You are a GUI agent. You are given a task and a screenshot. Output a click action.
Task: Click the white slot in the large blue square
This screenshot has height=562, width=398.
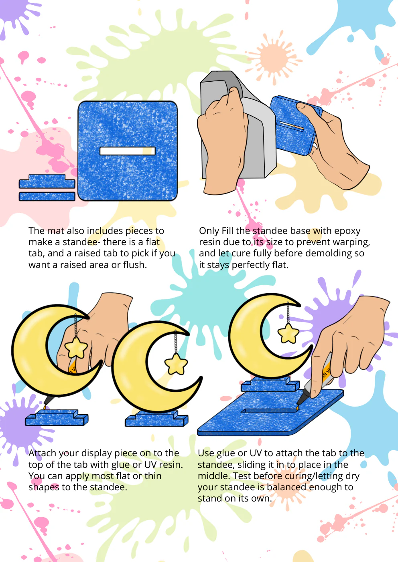pyautogui.click(x=128, y=151)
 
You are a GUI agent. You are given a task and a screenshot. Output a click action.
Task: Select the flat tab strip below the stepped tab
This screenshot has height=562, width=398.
pyautogui.click(x=47, y=196)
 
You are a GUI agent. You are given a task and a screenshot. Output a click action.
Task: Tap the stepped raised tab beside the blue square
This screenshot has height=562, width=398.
pyautogui.click(x=47, y=181)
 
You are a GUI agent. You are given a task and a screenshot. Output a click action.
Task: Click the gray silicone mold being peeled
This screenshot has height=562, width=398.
pyautogui.click(x=239, y=125)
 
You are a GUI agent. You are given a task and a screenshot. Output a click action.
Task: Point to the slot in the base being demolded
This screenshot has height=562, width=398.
pyautogui.click(x=290, y=125)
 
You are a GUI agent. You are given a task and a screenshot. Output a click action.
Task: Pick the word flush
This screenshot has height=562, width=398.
pyautogui.click(x=135, y=265)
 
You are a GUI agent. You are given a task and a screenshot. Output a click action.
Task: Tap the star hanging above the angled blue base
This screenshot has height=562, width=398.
pyautogui.click(x=288, y=333)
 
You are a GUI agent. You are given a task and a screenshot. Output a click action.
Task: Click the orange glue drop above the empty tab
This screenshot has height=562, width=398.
pyautogui.click(x=45, y=407)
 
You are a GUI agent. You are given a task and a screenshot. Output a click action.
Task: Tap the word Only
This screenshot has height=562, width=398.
pyautogui.click(x=209, y=231)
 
